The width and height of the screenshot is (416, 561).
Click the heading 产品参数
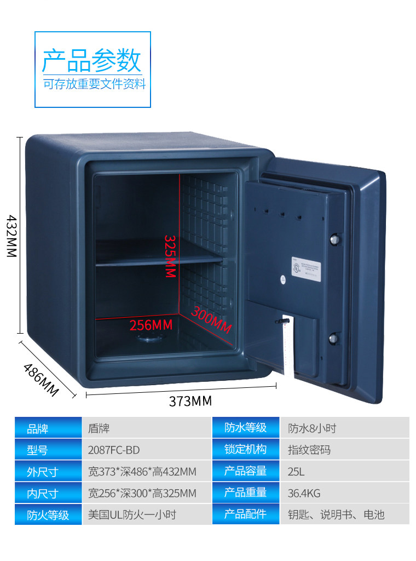[x=91, y=60]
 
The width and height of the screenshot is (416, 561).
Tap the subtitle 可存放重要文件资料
[x=95, y=84]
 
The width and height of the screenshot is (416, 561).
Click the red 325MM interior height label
[x=170, y=256]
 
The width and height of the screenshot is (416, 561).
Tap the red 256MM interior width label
[x=151, y=325]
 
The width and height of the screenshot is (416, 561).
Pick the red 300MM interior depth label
[x=211, y=319]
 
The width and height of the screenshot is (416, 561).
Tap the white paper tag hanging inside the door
[x=287, y=348]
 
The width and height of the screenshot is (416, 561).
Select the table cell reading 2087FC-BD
[x=114, y=450]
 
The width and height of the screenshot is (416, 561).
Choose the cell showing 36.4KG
[x=304, y=493]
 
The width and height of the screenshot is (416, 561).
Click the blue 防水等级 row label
[x=245, y=428]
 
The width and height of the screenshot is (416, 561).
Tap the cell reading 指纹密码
[x=309, y=450]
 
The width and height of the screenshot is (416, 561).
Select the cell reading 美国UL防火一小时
[x=132, y=514]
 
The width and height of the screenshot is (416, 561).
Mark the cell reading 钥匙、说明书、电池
[x=336, y=514]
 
